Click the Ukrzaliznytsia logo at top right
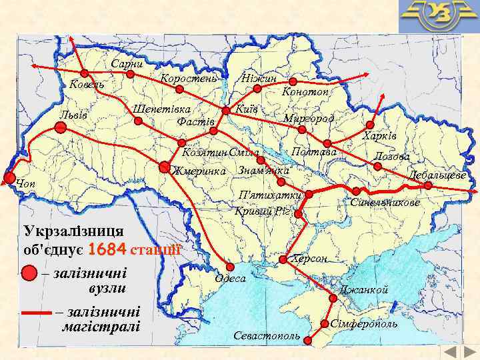[438, 17]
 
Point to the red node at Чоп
[9, 177]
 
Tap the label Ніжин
[259, 79]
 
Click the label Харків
[379, 136]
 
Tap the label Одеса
[231, 278]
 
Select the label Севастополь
[266, 335]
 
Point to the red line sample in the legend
[36, 312]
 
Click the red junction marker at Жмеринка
[165, 168]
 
